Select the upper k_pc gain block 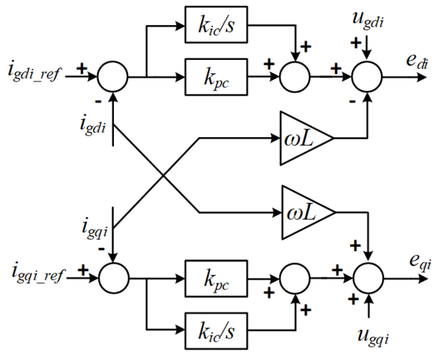(215, 76)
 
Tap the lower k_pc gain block (215, 279)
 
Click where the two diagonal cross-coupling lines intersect (161, 176)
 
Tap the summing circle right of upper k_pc (295, 76)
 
